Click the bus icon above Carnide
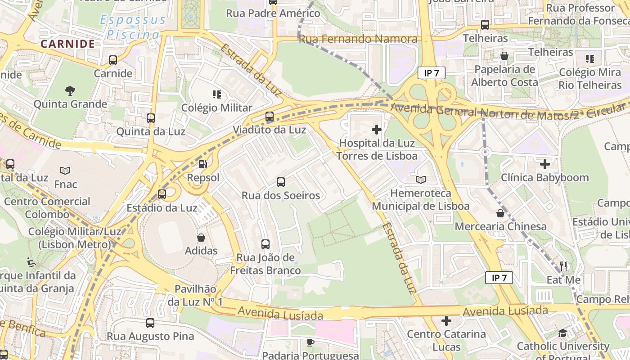[113, 60]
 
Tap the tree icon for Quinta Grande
[70, 91]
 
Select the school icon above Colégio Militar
[217, 94]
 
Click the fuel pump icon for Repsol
[203, 165]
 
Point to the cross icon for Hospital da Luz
[377, 130]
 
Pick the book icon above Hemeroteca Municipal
[421, 180]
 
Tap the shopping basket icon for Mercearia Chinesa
[500, 213]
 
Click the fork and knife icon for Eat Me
[563, 266]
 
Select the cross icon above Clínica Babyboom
[545, 164]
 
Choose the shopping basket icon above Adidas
[201, 238]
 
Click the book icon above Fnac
[65, 171]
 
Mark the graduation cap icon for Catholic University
[562, 333]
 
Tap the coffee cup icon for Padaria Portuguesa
[310, 342]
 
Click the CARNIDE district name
[67, 44]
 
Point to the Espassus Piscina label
[133, 27]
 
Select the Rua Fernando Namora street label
[358, 39]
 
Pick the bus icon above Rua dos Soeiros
[281, 182]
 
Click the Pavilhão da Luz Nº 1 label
[195, 295]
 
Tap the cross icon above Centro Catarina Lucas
[446, 321]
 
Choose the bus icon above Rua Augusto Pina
[150, 323]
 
